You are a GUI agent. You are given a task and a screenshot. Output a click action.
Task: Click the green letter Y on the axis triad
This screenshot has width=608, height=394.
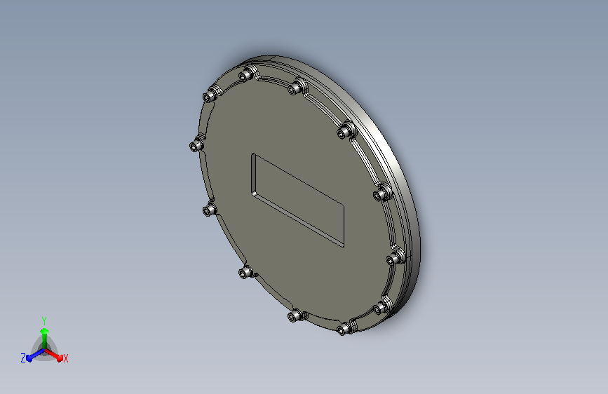(x=44, y=320)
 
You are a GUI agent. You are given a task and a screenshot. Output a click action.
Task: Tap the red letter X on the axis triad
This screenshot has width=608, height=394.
(x=65, y=359)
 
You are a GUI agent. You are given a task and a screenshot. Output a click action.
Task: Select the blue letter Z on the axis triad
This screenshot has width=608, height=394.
(x=23, y=358)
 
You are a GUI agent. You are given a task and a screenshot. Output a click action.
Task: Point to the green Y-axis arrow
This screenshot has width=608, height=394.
(x=45, y=339)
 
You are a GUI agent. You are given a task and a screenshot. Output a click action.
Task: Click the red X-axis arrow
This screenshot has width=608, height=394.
(x=53, y=355)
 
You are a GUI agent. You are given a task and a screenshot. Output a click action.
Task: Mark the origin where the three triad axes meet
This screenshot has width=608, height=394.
(x=45, y=350)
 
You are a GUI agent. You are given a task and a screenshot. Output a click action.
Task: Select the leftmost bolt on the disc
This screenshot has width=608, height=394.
(x=196, y=145)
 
